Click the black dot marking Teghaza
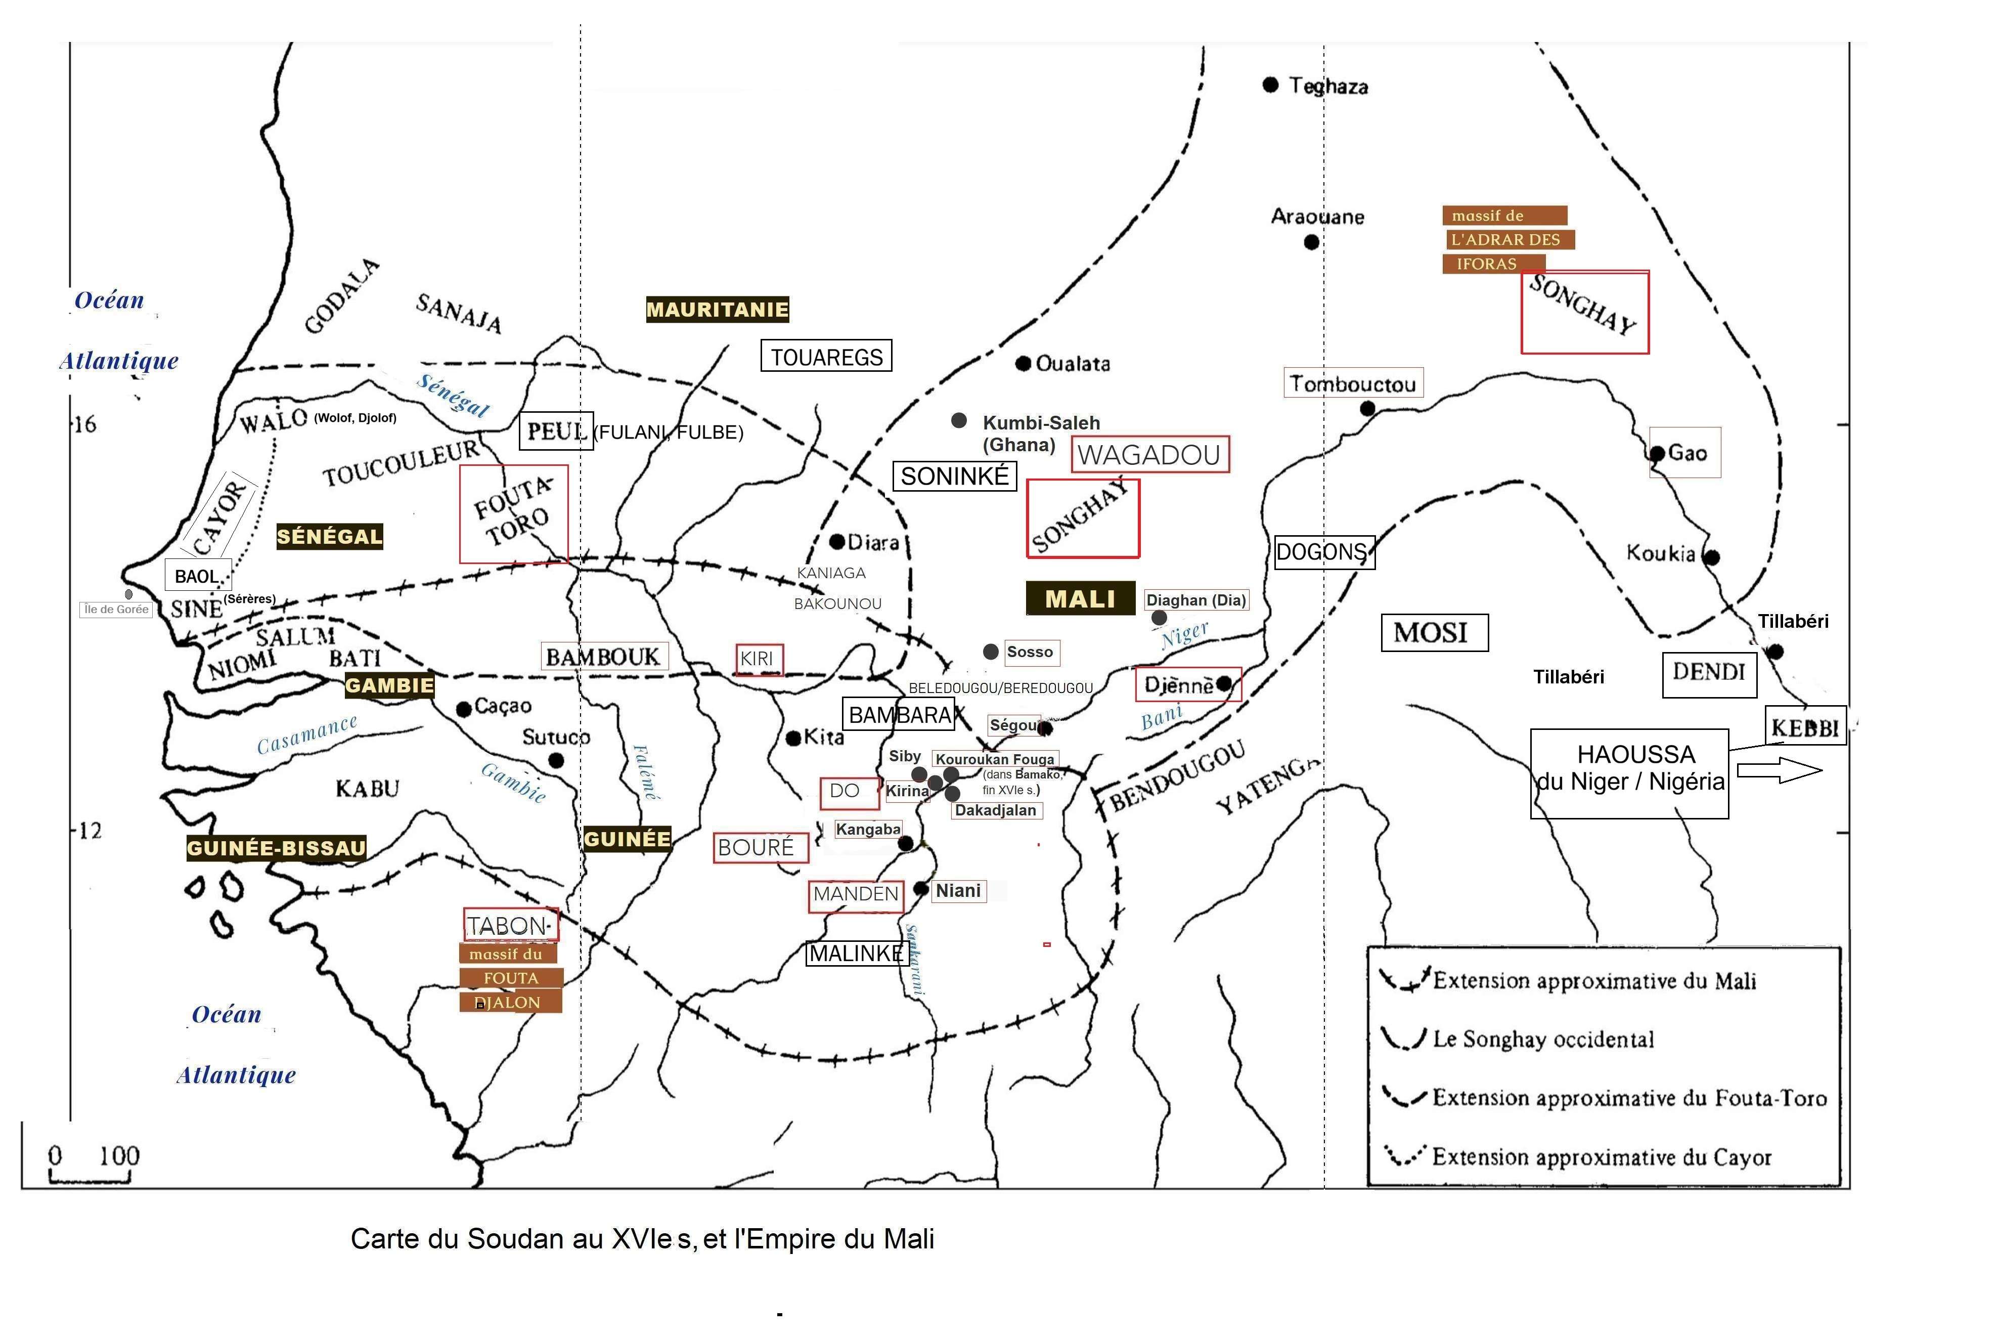1271,84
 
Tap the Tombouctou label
1353,383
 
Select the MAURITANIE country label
717,310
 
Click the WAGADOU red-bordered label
1149,454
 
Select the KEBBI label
1804,727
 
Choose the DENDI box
1709,673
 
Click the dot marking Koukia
1711,557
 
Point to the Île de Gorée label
116,610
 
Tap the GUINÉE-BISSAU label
276,848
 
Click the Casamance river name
307,733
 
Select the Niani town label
958,891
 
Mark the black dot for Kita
793,738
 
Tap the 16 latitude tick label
85,424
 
